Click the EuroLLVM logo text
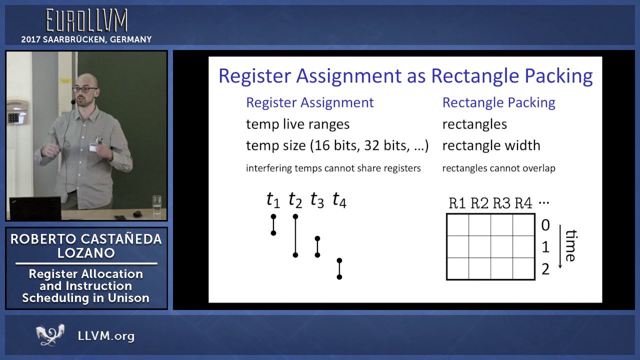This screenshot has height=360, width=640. pos(87,20)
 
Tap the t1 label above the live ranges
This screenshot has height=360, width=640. pos(273,199)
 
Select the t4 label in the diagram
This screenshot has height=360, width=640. pos(339,199)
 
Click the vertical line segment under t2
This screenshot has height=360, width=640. pos(295,235)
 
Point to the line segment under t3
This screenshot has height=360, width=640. pos(317,246)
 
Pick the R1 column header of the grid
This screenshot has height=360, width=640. pos(457,203)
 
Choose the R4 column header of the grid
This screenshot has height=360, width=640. pos(523,203)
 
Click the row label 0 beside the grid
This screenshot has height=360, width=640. pos(545,225)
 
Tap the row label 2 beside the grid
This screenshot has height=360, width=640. pos(545,269)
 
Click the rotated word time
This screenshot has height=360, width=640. pos(571,245)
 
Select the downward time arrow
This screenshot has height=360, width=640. pos(560,246)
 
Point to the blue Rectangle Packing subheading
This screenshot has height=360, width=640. pos(499,102)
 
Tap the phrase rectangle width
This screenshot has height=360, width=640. pos(491,145)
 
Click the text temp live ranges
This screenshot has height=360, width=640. pos(297,124)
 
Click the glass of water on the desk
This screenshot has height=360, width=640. pos(157,205)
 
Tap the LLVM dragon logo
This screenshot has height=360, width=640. pos(50,334)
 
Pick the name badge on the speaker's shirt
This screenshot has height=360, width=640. pos(93,147)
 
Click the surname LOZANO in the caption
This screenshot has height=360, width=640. pos(86,253)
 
